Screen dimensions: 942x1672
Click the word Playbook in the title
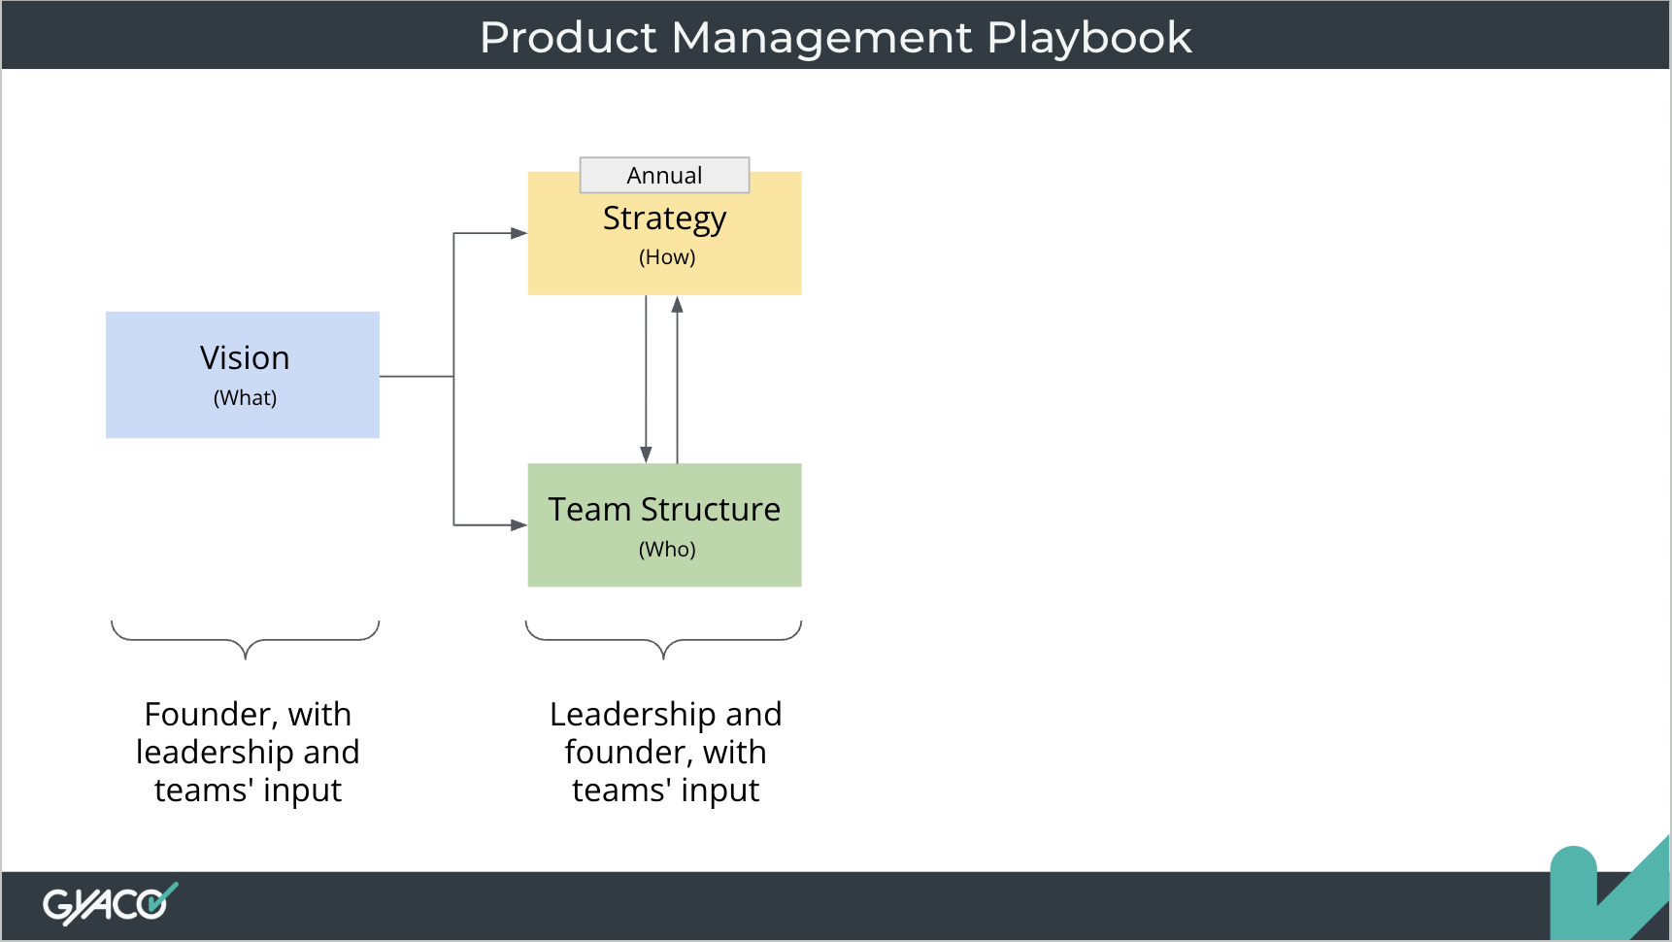(x=1088, y=38)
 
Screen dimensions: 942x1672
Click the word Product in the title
(x=569, y=38)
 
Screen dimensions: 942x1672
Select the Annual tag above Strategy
(x=664, y=176)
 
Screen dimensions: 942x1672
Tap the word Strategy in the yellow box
(x=664, y=219)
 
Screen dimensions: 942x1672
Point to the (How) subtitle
(x=667, y=257)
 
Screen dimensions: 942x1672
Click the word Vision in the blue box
(x=245, y=358)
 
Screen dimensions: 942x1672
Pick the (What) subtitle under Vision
(x=245, y=398)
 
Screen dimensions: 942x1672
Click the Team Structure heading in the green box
(x=664, y=510)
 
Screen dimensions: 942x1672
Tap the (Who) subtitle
(x=667, y=550)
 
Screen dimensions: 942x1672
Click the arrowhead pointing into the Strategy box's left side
(x=518, y=233)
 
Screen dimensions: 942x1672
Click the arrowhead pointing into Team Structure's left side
(x=518, y=525)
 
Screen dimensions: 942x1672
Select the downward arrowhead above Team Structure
(x=646, y=454)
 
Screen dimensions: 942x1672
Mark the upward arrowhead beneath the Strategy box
(x=678, y=305)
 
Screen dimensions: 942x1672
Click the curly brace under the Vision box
(x=245, y=640)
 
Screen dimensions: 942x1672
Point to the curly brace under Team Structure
(x=664, y=640)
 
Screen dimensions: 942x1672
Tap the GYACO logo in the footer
(x=110, y=904)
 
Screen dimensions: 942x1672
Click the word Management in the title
(x=821, y=38)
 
